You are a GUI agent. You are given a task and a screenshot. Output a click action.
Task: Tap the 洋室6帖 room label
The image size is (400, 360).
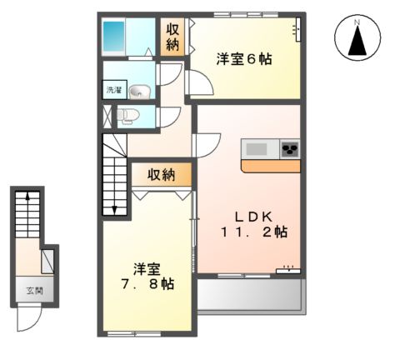(245, 59)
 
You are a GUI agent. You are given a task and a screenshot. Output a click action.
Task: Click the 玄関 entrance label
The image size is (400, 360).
(27, 291)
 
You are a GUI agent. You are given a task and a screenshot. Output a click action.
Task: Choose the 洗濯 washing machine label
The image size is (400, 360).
(112, 89)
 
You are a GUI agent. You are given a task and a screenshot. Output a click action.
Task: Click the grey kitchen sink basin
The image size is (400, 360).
(256, 149)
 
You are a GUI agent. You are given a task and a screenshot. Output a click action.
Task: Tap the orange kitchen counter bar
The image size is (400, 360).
(270, 166)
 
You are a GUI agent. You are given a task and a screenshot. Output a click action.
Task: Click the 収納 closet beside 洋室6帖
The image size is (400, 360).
(172, 38)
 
